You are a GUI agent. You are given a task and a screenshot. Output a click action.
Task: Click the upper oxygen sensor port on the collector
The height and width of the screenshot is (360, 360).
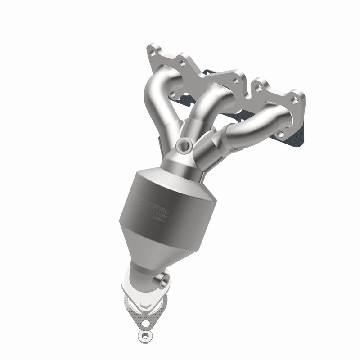[184, 144]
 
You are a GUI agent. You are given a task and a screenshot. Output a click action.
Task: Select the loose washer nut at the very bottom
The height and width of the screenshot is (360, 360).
[143, 336]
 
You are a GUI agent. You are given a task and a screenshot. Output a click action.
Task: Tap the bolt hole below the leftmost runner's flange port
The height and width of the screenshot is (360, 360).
[173, 94]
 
